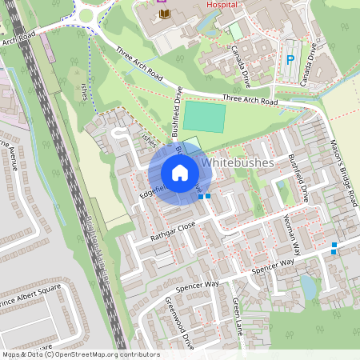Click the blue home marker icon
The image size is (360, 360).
tap(180, 173)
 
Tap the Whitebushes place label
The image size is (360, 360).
tap(238, 162)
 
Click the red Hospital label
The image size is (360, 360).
tap(222, 3)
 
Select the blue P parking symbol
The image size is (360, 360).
tap(290, 58)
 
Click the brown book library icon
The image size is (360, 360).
tap(166, 14)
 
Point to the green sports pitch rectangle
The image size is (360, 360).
tap(203, 117)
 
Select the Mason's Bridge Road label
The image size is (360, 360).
tap(342, 172)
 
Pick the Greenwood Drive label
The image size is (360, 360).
tap(179, 323)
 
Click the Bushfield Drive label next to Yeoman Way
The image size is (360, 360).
tap(298, 177)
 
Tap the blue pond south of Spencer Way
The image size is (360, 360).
tap(308, 286)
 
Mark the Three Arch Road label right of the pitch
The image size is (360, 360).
tap(250, 101)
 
